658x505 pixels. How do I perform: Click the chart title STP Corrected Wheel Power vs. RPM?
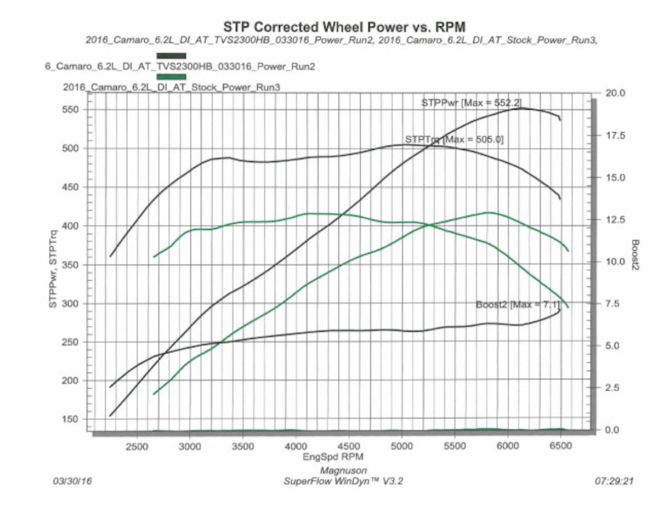344,26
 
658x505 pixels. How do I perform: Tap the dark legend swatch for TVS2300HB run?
171,55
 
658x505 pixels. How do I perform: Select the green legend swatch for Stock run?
171,77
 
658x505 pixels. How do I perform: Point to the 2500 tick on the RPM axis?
137,446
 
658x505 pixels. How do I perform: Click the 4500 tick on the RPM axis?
349,446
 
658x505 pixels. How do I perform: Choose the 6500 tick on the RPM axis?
560,446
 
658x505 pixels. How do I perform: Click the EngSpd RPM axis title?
333,456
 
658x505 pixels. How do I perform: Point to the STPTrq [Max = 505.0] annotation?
454,139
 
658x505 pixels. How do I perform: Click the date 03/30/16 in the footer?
72,481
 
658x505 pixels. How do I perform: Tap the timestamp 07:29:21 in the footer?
614,481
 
